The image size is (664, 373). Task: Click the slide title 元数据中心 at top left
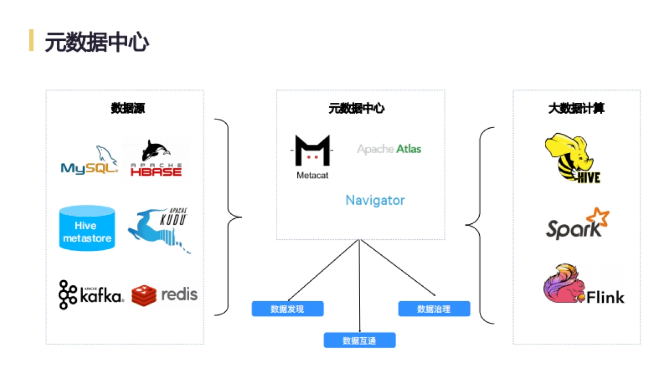click(97, 42)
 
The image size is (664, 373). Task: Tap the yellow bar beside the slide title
click(32, 40)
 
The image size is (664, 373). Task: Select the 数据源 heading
click(128, 108)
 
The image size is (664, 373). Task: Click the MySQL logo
click(90, 161)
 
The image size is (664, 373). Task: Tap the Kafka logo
click(91, 295)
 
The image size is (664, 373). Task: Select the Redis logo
click(164, 295)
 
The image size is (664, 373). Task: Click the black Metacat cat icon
click(313, 151)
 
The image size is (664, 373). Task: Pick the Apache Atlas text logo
click(389, 149)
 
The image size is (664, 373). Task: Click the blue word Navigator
click(375, 200)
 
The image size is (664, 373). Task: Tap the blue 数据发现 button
click(287, 309)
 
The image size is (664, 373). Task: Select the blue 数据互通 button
click(360, 340)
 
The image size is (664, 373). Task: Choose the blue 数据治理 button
click(434, 309)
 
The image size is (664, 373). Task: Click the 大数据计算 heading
click(576, 108)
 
